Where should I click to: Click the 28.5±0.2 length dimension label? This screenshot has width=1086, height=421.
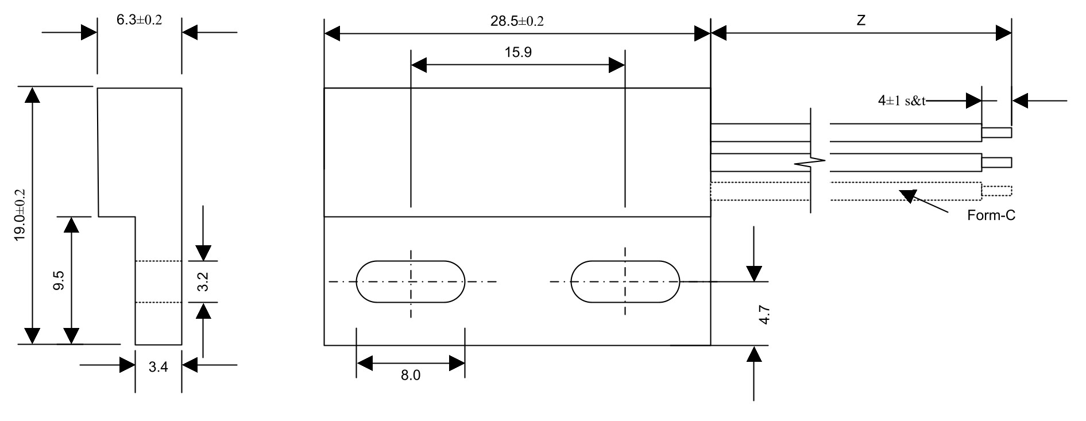[517, 21]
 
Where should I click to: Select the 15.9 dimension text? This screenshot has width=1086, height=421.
[518, 53]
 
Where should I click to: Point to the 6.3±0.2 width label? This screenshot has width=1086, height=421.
[139, 20]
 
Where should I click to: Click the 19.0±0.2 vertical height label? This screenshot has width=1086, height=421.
[21, 215]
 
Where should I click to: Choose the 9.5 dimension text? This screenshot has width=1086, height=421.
[59, 280]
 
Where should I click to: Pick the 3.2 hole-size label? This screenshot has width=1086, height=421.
[203, 281]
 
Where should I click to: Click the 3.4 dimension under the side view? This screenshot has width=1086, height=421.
[158, 368]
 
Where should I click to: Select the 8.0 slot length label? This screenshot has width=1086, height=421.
[410, 376]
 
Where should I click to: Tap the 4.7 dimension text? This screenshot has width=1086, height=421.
[764, 315]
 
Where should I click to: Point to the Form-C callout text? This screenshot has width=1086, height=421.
[991, 216]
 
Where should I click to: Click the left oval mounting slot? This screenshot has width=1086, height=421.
[410, 281]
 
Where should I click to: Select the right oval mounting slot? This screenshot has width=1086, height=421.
[625, 281]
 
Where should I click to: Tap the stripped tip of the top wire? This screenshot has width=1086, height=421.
[997, 133]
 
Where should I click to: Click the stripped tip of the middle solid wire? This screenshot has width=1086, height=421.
[997, 163]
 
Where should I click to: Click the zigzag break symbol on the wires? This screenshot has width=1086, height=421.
[810, 163]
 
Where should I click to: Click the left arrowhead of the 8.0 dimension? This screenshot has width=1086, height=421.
[364, 364]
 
